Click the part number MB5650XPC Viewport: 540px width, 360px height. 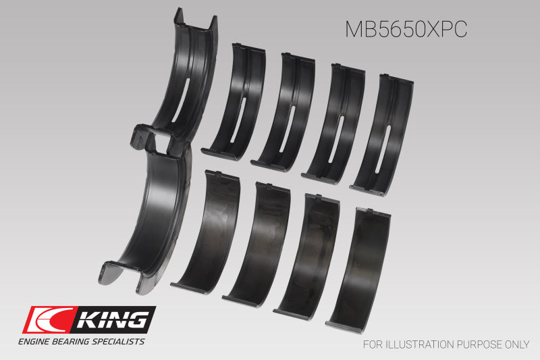pos(406,29)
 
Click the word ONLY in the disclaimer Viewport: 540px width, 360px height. pos(515,344)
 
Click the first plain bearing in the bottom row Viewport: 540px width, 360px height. pos(206,230)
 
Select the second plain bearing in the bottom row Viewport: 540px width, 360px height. pos(256,240)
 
